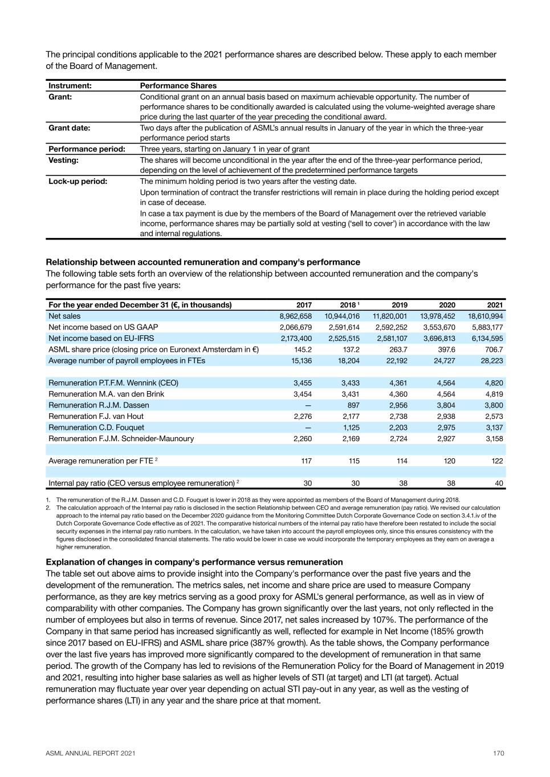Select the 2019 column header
(x=400, y=305)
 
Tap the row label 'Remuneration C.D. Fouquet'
(x=96, y=427)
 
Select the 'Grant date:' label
(x=69, y=128)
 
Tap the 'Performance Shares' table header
(x=178, y=86)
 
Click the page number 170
(x=499, y=754)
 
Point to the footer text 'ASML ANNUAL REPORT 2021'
(x=91, y=754)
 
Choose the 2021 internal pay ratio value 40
(x=499, y=483)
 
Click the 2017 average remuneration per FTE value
(x=306, y=461)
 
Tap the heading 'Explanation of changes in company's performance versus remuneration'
(x=194, y=562)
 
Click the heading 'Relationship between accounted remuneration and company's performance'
(x=203, y=262)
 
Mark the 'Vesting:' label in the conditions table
(x=63, y=161)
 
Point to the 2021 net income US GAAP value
(x=487, y=327)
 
